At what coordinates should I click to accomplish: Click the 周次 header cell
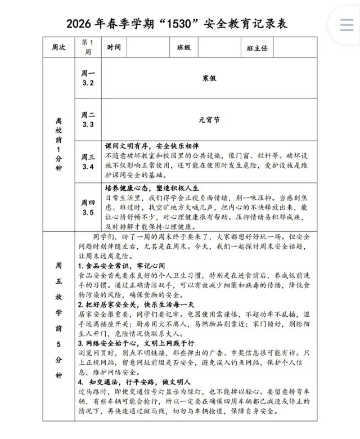pos(58,48)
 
